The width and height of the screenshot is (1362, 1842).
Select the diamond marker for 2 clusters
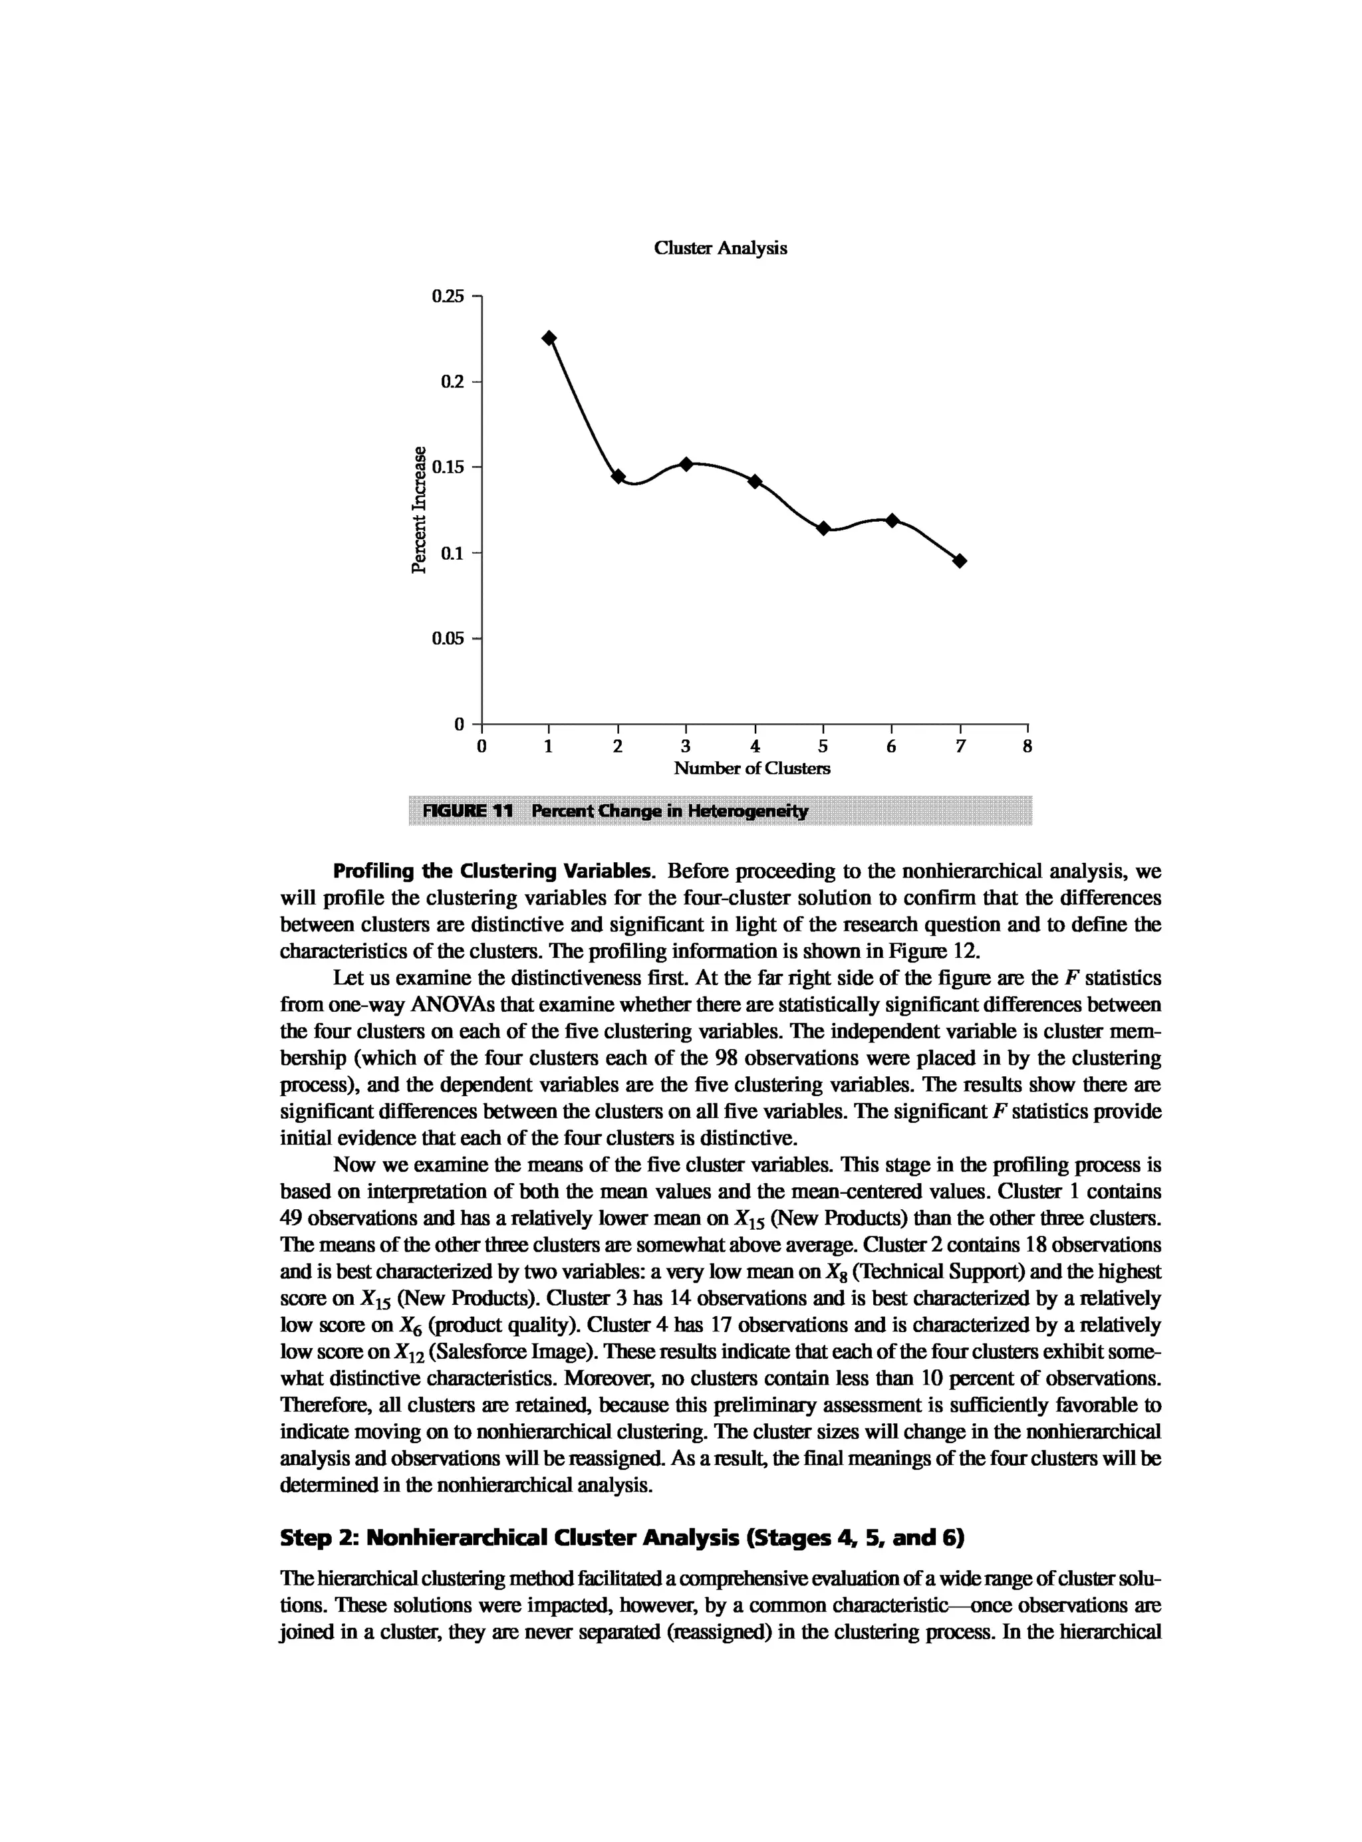[x=618, y=477]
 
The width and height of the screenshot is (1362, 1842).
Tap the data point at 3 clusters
[x=686, y=465]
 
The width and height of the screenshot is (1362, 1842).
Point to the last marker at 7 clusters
[x=960, y=561]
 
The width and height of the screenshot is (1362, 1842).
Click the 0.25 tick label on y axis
[x=448, y=296]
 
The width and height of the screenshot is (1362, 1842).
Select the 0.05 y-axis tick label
[x=448, y=639]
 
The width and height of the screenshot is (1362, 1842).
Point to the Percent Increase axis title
[x=420, y=509]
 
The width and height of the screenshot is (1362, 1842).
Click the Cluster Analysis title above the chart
[x=720, y=248]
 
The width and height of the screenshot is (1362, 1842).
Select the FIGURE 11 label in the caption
[x=468, y=811]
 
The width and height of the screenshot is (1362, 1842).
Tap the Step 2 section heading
[x=622, y=1538]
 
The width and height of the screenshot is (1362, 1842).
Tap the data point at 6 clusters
[x=892, y=520]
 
